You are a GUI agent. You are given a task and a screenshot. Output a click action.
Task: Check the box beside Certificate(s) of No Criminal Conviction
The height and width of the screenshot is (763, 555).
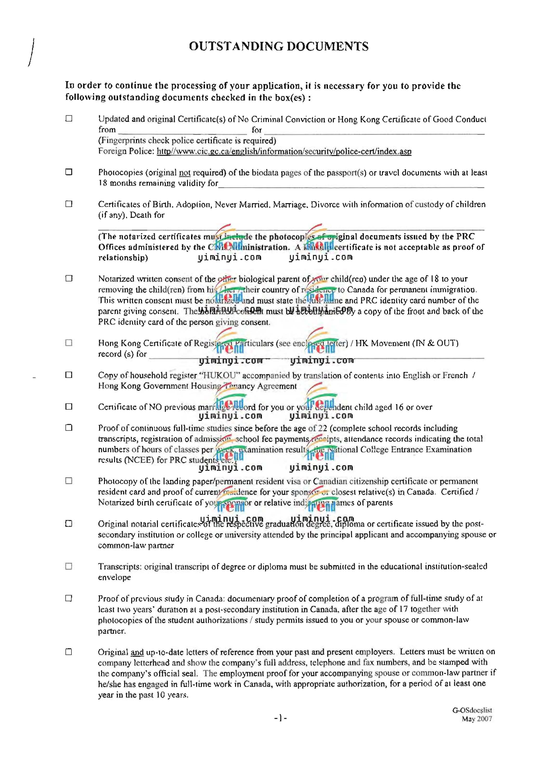69,118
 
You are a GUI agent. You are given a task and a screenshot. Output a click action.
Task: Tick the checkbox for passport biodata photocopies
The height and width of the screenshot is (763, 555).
69,172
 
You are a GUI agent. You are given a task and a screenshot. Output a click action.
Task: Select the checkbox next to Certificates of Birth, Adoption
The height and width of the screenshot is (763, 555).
69,204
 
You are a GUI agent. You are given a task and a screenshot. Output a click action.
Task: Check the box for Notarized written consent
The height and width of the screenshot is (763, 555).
69,278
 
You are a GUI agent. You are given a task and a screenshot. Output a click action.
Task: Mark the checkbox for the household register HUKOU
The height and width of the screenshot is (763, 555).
69,375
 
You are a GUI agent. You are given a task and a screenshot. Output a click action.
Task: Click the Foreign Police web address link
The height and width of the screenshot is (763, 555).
284,151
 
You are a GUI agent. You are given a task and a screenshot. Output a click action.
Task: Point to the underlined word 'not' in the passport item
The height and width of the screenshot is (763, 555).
185,173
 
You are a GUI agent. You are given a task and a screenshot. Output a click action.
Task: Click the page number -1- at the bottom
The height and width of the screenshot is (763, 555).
280,718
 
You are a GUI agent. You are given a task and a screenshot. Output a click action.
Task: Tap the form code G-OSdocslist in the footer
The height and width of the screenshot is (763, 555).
472,710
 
